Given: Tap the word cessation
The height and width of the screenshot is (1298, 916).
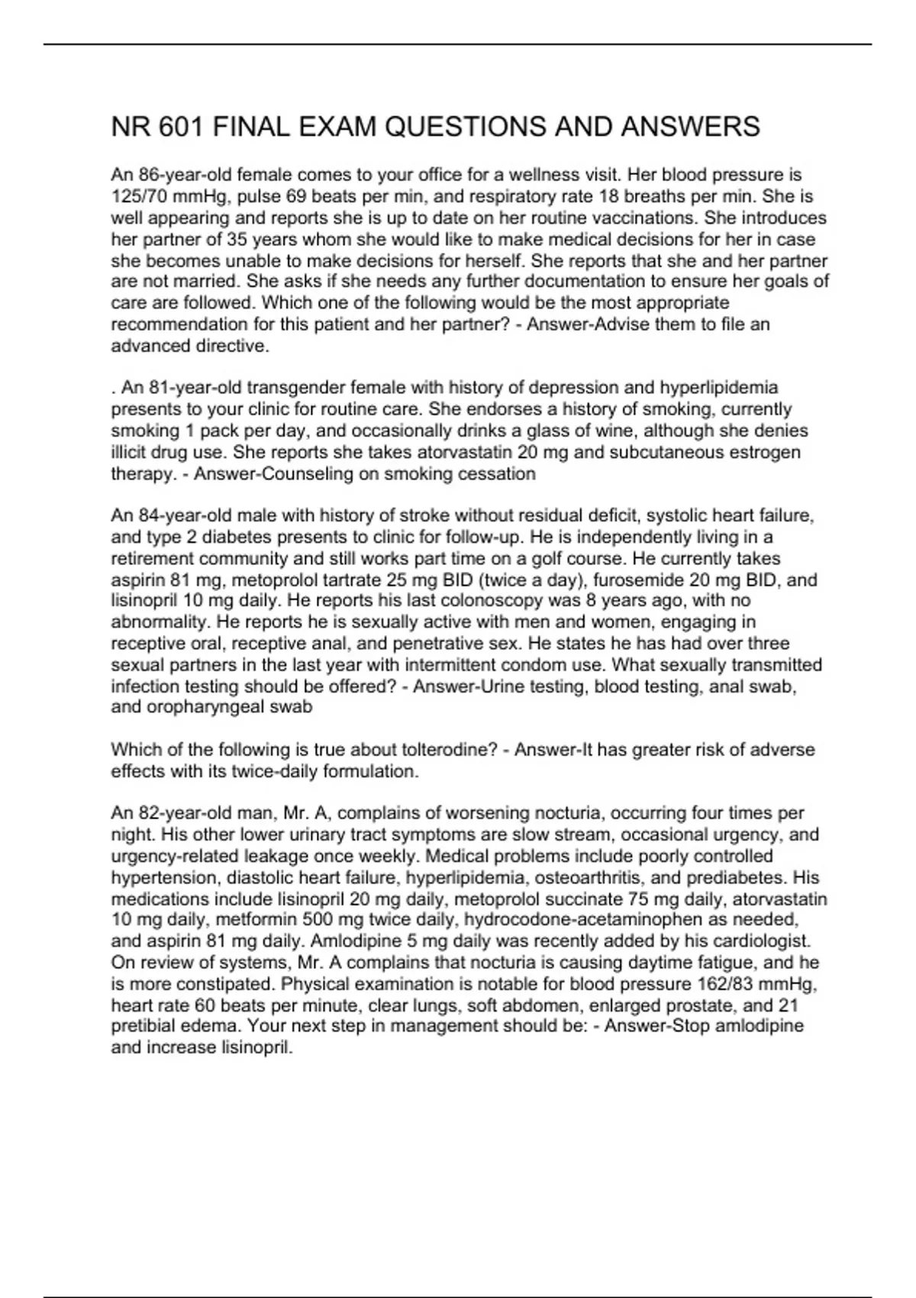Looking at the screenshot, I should pos(497,473).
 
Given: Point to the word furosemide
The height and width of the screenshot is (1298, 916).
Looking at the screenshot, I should pos(640,580).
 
